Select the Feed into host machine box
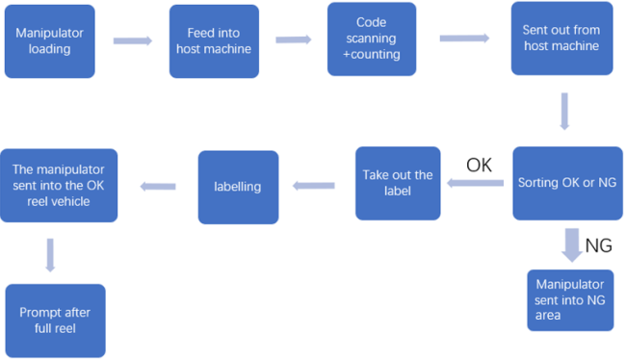tap(214, 41)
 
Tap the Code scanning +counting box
tap(372, 39)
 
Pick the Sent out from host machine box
tap(561, 39)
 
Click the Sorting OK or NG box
tap(562, 183)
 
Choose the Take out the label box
tap(398, 183)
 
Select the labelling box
tap(238, 187)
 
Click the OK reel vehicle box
tap(59, 185)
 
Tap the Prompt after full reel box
tap(55, 321)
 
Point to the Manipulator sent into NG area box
tap(570, 300)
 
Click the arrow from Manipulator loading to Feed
tap(133, 41)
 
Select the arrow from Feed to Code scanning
tap(295, 40)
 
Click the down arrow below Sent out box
tap(563, 111)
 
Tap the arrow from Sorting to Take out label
tap(478, 184)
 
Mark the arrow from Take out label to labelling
tap(316, 185)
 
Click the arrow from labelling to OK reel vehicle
tap(158, 186)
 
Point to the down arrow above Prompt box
tap(50, 255)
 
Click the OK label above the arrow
tap(479, 165)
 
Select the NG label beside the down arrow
tap(598, 246)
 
